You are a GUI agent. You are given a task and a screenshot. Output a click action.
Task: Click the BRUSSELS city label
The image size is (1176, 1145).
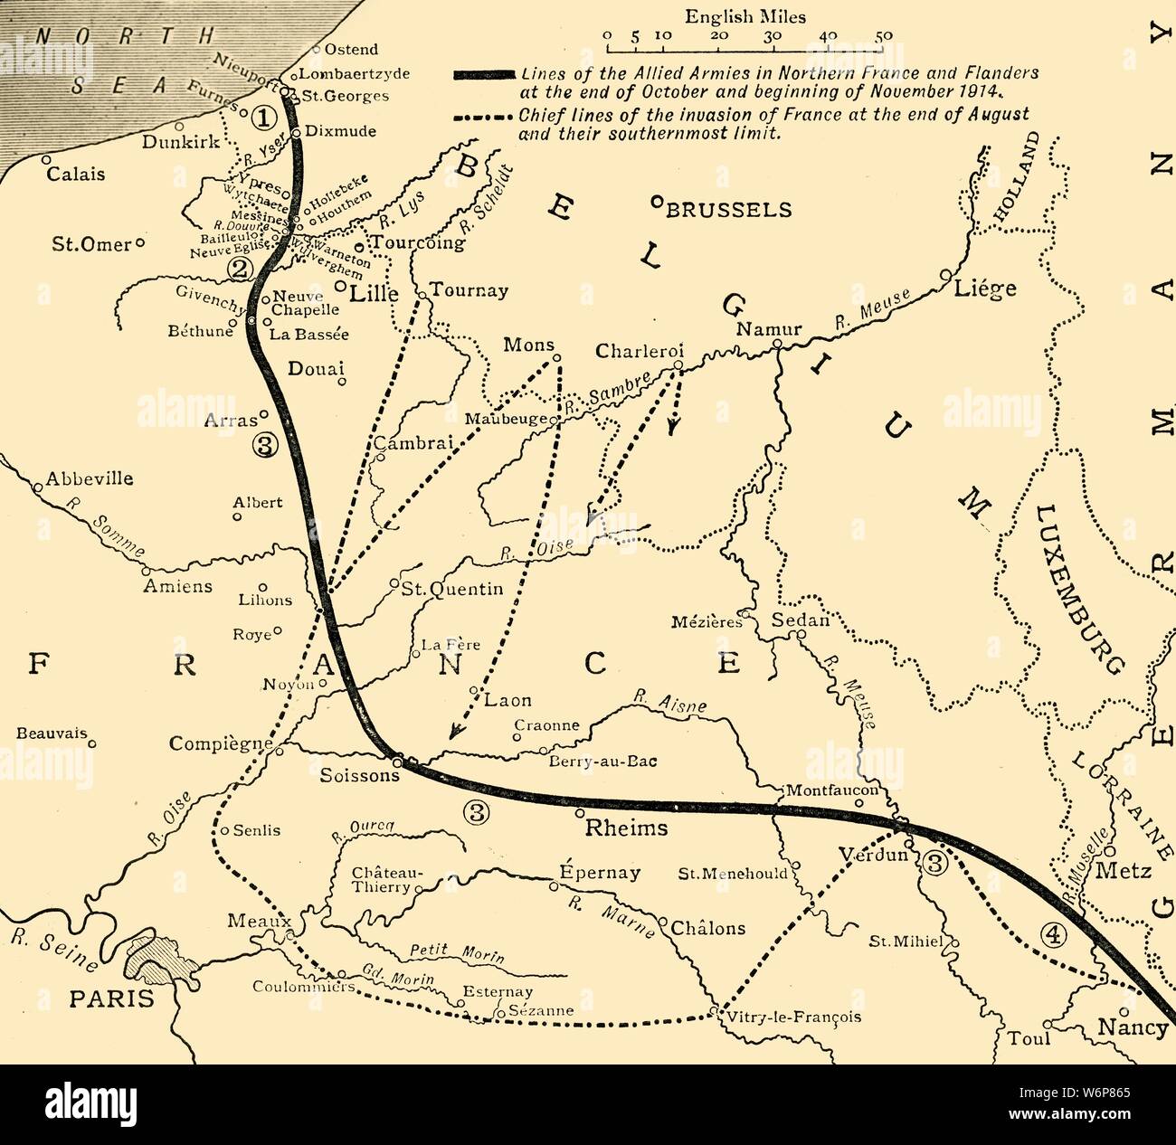(728, 210)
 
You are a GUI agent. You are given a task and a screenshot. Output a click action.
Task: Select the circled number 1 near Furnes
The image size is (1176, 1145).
(261, 117)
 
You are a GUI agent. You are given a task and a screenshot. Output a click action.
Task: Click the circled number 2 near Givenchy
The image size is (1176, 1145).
(239, 268)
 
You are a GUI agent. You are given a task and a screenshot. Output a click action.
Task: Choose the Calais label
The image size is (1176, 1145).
(76, 174)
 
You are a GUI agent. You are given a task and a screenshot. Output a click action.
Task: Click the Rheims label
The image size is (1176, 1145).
(626, 828)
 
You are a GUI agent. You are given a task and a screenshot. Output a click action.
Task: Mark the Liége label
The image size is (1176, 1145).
(985, 289)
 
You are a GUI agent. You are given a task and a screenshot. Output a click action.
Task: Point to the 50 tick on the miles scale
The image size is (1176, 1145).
(884, 37)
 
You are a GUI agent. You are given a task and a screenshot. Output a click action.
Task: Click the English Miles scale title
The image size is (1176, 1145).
(745, 16)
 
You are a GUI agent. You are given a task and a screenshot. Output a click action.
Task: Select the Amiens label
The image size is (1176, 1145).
(178, 586)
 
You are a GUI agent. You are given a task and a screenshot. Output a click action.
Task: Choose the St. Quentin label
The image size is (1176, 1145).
(451, 590)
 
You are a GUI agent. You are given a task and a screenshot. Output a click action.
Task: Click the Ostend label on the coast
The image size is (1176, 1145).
(351, 50)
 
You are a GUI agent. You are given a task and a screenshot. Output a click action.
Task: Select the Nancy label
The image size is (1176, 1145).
(1132, 1028)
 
